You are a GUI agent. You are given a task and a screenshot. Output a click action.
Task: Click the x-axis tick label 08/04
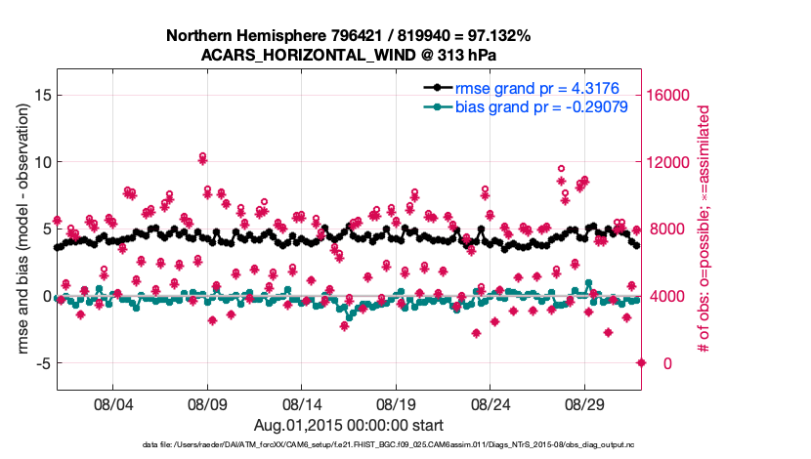[112, 402]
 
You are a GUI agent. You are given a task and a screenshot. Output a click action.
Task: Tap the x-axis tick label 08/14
[302, 402]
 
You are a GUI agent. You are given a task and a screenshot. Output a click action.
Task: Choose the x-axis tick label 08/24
[491, 402]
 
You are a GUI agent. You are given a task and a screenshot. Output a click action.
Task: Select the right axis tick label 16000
[670, 95]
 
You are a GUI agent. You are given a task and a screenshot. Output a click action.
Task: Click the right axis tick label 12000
[670, 162]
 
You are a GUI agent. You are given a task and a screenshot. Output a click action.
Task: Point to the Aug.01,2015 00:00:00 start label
[348, 425]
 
